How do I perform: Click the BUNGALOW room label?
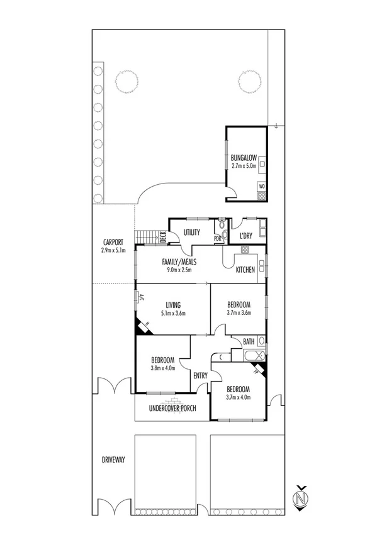pos(242,158)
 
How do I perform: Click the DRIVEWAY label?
pos(113,460)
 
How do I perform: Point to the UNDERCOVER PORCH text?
pos(172,409)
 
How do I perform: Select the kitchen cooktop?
pos(245,251)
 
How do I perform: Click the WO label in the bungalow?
pos(262,186)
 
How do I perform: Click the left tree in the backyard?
pos(127,80)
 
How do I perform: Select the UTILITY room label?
pos(191,233)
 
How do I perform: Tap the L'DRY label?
pos(246,236)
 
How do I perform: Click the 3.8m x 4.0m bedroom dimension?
pos(162,368)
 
